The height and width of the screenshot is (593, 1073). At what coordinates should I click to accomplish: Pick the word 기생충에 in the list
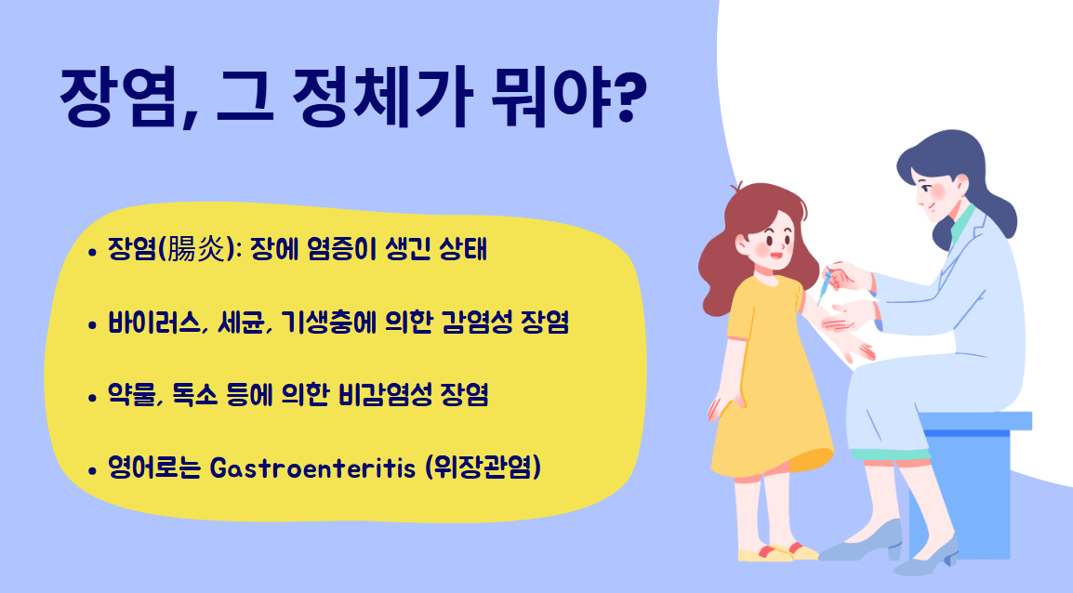(x=320, y=324)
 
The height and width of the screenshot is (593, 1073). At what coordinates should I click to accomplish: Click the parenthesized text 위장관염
(x=483, y=468)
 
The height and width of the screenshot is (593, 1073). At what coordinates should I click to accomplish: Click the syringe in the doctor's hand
(x=824, y=284)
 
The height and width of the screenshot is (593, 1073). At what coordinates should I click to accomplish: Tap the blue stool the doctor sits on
(x=972, y=465)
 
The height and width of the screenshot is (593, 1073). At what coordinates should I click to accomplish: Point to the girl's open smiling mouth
(x=775, y=249)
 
